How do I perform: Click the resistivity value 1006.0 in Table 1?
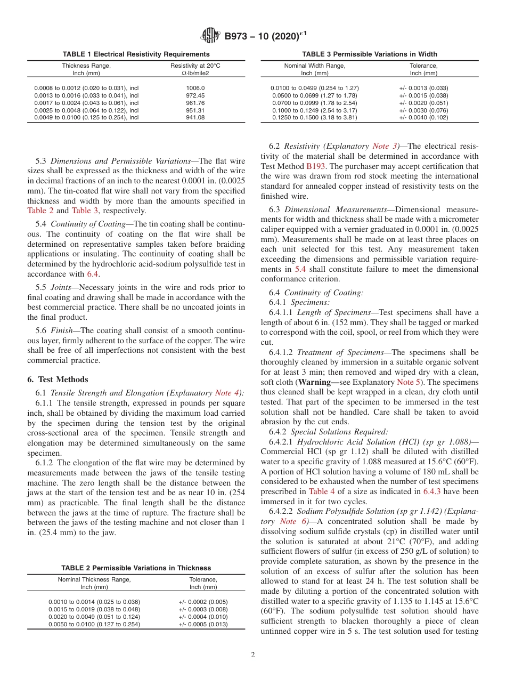coord(195,88)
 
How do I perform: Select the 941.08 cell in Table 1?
coord(195,118)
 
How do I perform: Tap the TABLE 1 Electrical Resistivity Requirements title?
coord(136,54)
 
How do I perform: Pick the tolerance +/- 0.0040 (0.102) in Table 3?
coord(423,118)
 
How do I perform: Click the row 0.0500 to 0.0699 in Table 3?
coord(314,95)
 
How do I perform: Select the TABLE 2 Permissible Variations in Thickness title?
coord(136,568)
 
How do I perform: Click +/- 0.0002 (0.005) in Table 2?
coord(203,601)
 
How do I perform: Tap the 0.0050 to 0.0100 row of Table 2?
coord(94,624)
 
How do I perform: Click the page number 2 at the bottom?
coord(252,656)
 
